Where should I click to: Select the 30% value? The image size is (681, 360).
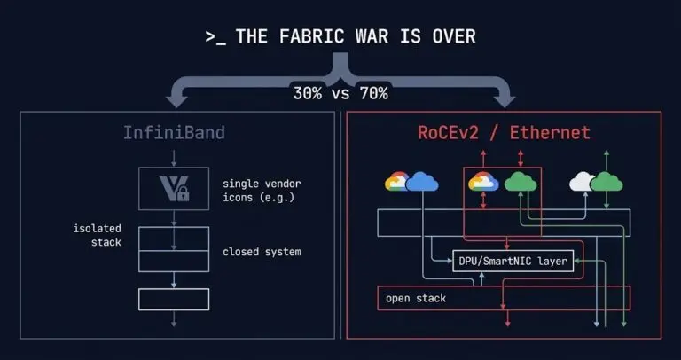pos(309,93)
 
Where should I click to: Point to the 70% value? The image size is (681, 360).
pos(372,93)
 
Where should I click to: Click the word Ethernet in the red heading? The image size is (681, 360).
pos(549,134)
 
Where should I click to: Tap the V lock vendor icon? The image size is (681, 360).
pos(173,187)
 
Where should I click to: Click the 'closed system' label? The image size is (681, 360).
pos(262,252)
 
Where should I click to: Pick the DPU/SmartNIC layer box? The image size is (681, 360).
pos(513,262)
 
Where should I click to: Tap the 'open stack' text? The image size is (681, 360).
pos(416,298)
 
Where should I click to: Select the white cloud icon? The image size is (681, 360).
pos(582,182)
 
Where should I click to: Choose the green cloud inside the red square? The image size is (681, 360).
pos(521,183)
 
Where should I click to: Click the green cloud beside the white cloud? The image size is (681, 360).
pos(607,182)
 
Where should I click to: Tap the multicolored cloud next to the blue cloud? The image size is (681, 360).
pos(398,183)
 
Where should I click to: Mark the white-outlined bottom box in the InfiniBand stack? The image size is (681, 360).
pos(173,299)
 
